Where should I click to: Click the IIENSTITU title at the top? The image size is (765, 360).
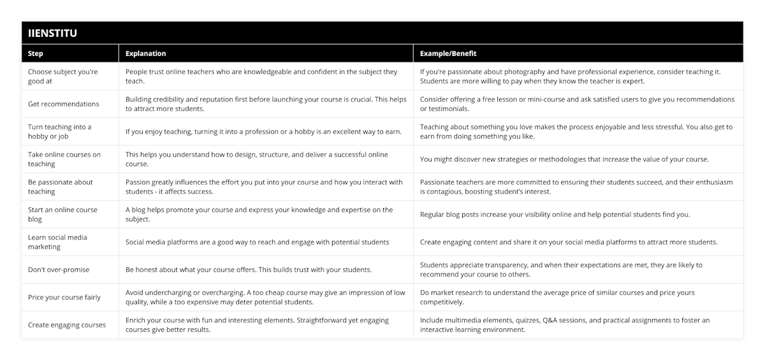pos(49,33)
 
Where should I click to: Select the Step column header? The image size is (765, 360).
pos(36,54)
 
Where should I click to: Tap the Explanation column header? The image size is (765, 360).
pos(145,54)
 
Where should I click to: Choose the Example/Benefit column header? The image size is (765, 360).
pos(448,54)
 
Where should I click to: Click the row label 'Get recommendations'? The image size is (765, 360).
pos(64,104)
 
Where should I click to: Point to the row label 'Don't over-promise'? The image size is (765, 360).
pos(59,270)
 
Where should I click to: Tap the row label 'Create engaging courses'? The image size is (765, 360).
pos(67,325)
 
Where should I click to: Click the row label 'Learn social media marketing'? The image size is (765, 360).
pos(57,242)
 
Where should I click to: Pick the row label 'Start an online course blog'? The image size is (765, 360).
pos(62,214)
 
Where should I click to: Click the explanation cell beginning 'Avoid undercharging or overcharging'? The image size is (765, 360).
pos(265,297)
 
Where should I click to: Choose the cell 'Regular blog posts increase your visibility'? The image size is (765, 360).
pos(555,215)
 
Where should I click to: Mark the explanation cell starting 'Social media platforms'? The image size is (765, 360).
pos(257,242)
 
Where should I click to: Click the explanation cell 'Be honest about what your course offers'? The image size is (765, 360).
pos(248,270)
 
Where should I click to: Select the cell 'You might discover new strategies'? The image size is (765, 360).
pos(564,159)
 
